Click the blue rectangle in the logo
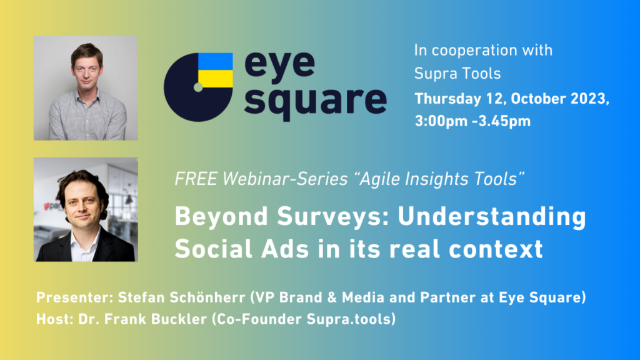click(x=216, y=61)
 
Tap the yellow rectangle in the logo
click(x=216, y=79)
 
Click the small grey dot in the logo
click(x=198, y=87)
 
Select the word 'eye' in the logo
click(x=279, y=65)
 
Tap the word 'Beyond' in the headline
click(x=221, y=216)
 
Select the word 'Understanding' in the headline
click(x=492, y=216)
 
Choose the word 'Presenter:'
click(x=75, y=297)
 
